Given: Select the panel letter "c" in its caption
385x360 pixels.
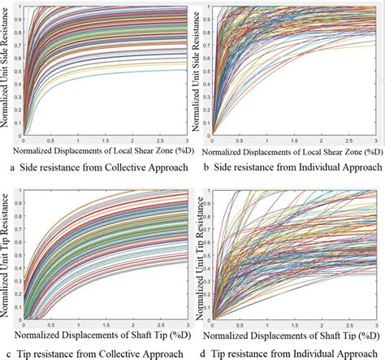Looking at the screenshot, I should [x=12, y=352].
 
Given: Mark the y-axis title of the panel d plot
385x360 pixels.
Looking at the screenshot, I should [x=201, y=252].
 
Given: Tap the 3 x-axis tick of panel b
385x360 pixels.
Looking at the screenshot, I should [x=379, y=141].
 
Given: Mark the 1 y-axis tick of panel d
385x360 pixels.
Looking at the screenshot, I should [x=210, y=192].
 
